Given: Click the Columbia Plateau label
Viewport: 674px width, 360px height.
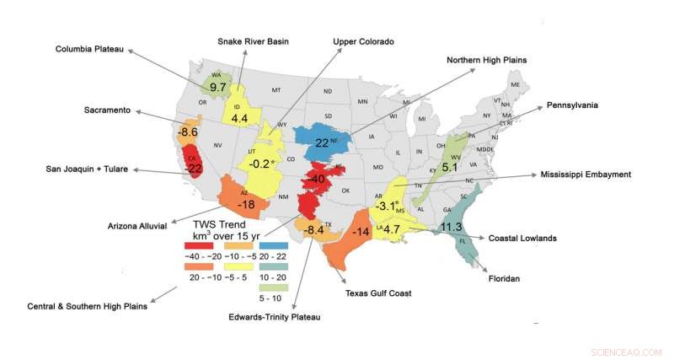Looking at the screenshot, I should pyautogui.click(x=90, y=50).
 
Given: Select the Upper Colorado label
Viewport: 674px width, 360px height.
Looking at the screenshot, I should pyautogui.click(x=366, y=40).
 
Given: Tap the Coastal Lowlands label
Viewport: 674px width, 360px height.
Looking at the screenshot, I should pyautogui.click(x=522, y=239).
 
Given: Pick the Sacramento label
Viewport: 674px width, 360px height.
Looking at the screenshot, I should pyautogui.click(x=106, y=110).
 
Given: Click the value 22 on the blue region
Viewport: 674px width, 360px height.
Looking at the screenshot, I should pyautogui.click(x=322, y=142).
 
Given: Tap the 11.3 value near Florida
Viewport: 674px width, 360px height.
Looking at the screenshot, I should pyautogui.click(x=452, y=226).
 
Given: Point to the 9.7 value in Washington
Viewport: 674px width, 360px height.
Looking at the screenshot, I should pyautogui.click(x=218, y=88).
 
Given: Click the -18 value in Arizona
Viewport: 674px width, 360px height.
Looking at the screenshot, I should pyautogui.click(x=246, y=205).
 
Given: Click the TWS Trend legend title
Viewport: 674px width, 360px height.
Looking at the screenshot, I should pyautogui.click(x=222, y=226).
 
